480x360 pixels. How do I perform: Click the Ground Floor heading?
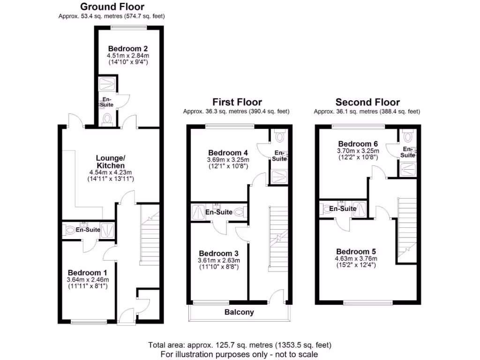coord(112,7)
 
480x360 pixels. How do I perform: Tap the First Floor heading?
coord(237,102)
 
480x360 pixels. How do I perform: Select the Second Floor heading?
coord(367,102)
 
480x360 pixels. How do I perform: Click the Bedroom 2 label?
coord(128,48)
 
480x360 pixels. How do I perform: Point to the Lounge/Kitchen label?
coord(111,162)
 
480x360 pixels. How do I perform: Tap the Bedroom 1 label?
coord(88,272)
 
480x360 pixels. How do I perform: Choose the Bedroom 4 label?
coord(228,152)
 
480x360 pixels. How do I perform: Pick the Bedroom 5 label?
coord(356,251)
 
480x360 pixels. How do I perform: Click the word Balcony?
coord(239,312)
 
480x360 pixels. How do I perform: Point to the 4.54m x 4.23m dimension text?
coord(111,172)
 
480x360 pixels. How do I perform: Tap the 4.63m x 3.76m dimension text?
coord(356,258)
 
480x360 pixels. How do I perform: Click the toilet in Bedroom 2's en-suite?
coord(106,119)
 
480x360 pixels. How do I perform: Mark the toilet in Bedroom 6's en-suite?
coord(407,137)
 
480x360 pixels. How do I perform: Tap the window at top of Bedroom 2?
coord(129,27)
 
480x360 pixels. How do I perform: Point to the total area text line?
coord(240,345)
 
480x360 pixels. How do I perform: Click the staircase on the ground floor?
coord(150,239)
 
